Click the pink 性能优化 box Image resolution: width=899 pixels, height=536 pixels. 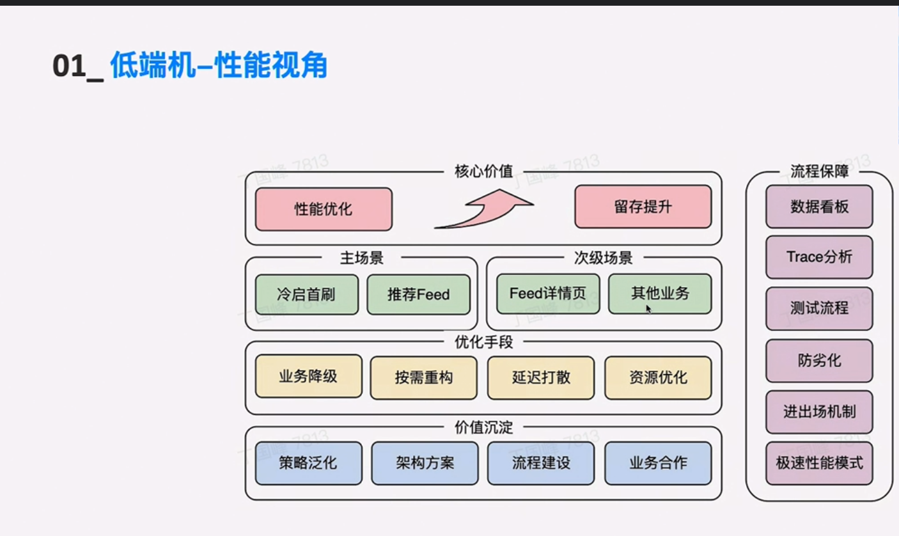324,209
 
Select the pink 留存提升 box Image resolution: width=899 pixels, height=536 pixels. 643,207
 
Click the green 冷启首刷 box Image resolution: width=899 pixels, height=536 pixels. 306,294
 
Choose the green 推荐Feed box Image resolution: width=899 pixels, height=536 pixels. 418,294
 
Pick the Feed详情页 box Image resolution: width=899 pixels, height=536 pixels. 548,294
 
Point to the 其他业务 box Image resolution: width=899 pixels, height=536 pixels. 659,294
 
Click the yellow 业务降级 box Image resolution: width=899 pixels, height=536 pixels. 308,377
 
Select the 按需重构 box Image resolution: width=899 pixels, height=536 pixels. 423,377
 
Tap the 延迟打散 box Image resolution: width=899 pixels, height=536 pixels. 540,377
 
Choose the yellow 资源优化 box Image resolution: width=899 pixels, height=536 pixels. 658,377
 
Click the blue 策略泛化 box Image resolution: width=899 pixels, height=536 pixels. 308,462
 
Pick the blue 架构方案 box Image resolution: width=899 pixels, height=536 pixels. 425,462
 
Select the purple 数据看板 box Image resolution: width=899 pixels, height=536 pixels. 819,207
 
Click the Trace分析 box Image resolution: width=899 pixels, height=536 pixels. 819,257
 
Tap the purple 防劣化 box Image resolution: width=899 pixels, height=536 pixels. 819,360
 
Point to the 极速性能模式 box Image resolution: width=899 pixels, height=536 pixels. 819,462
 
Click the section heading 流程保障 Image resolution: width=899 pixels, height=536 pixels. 819,171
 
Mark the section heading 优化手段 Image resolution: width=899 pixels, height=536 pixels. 483,342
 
